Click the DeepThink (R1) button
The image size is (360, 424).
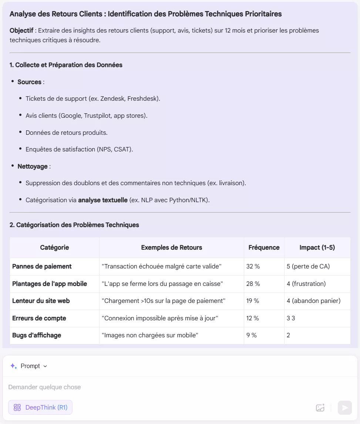coord(40,407)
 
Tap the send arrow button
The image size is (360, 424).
coord(345,408)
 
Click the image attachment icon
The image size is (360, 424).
coord(320,408)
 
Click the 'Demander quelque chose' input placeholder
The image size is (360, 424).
coord(44,387)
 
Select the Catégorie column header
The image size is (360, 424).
coord(54,247)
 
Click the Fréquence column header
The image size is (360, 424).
coord(264,247)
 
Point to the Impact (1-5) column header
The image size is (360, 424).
coord(317,247)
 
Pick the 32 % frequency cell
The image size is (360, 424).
coord(253,266)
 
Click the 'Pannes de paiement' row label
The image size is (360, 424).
coord(42,266)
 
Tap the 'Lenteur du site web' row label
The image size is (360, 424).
coord(41,301)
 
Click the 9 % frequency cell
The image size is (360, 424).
coord(252,335)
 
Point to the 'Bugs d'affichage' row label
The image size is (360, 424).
coord(37,335)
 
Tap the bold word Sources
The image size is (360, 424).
coord(29,82)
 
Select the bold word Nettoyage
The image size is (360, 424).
coord(33,166)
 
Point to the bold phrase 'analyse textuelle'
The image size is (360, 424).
coord(103,200)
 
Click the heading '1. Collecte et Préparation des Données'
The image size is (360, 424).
coord(66,65)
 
